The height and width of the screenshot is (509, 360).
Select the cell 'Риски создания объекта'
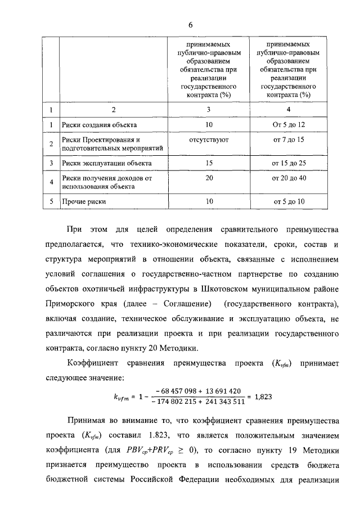coord(100,124)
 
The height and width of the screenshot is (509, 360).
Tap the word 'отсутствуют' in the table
coord(209,139)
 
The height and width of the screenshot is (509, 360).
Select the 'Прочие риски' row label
coord(84,201)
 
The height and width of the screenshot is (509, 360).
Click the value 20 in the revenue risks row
coord(209,178)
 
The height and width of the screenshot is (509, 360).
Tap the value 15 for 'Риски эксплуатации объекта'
coord(209,164)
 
